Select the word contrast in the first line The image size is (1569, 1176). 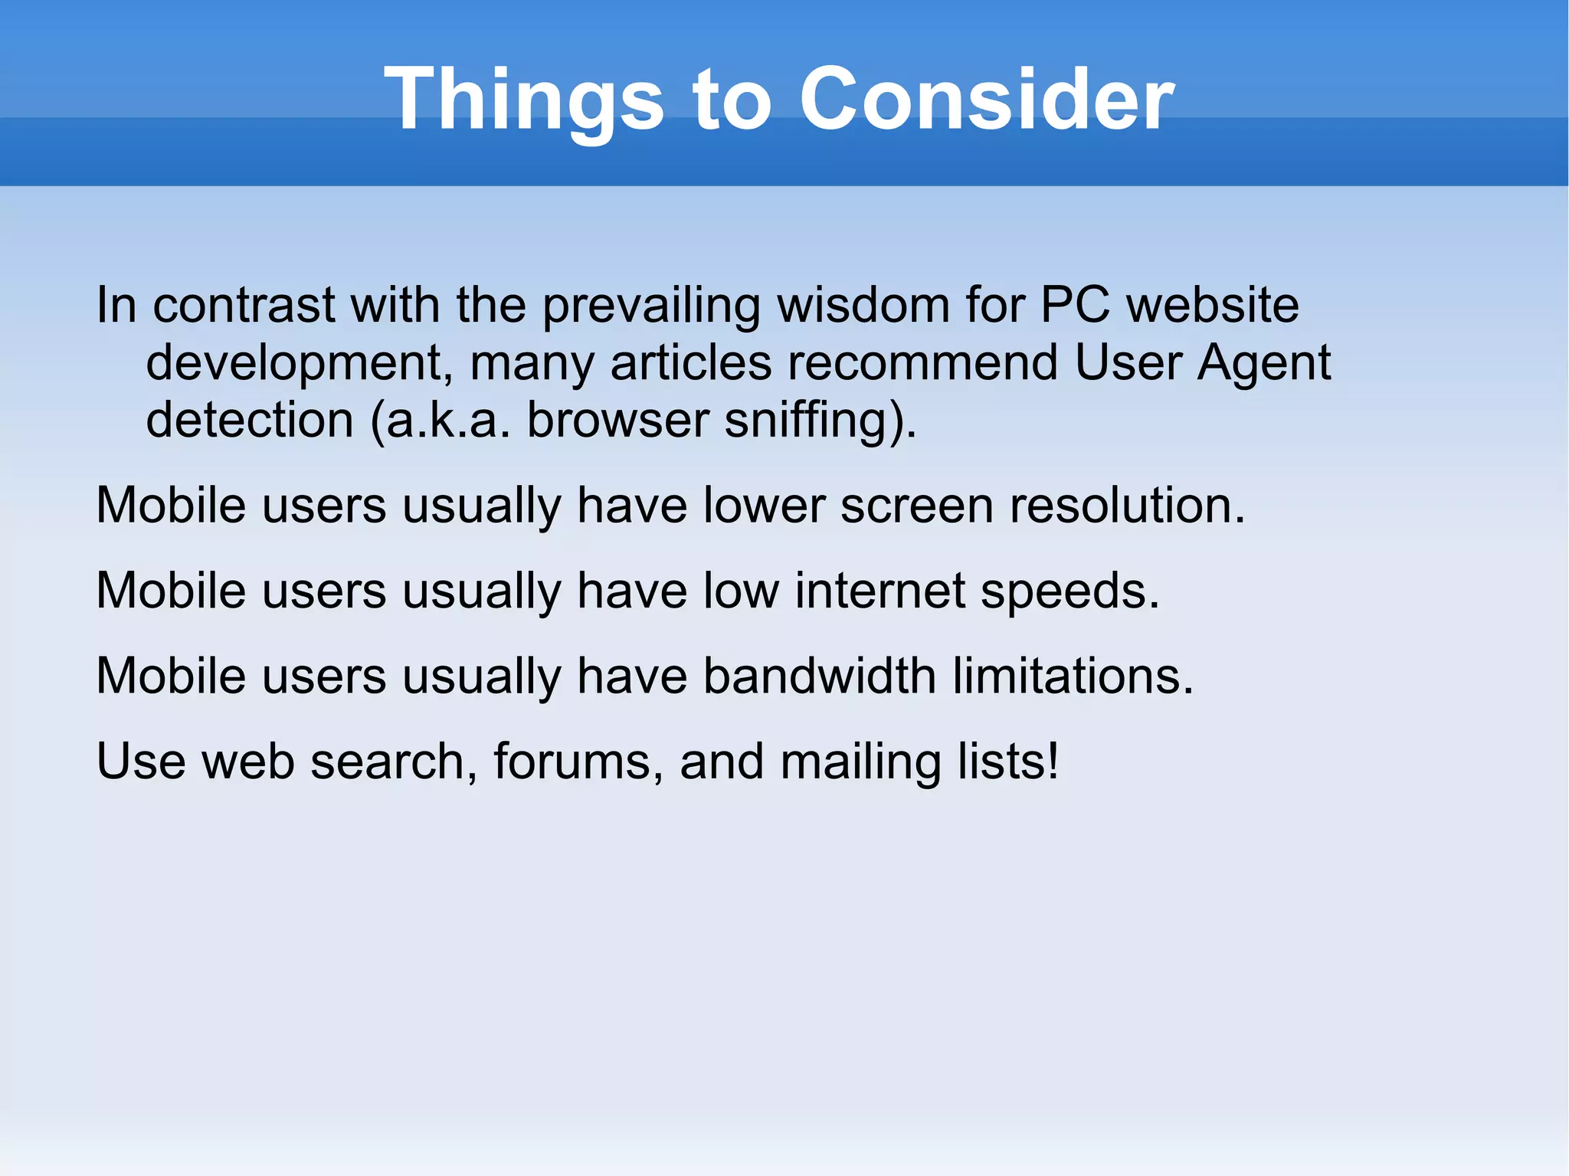click(244, 305)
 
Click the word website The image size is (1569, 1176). click(1213, 305)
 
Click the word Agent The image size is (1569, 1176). click(1264, 363)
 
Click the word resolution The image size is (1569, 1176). click(1127, 506)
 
